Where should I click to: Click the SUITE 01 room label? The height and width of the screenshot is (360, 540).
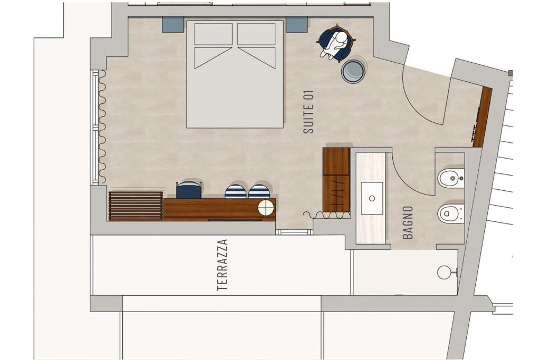click(308, 112)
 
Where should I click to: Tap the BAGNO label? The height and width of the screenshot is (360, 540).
click(408, 222)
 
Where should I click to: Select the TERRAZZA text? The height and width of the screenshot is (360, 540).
click(223, 265)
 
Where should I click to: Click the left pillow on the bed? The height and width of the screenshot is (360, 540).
click(214, 34)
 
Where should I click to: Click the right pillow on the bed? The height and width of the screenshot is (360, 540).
click(257, 34)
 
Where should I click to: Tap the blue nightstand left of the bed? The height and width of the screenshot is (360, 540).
click(173, 24)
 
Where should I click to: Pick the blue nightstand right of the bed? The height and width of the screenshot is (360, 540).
click(296, 24)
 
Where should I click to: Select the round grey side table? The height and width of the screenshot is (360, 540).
click(353, 71)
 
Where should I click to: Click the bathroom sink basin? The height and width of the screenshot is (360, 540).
click(372, 198)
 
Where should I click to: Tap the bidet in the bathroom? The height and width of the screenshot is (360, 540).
click(451, 178)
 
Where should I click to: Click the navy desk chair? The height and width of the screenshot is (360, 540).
click(189, 190)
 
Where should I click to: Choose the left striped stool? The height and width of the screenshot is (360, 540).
click(236, 192)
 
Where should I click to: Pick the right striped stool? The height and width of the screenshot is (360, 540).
click(259, 192)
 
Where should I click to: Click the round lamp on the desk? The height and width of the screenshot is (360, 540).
click(266, 208)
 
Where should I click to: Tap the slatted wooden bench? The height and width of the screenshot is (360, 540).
click(136, 206)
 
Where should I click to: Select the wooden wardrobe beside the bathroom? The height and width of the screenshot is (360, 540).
click(336, 180)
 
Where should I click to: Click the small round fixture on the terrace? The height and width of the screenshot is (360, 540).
click(443, 272)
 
